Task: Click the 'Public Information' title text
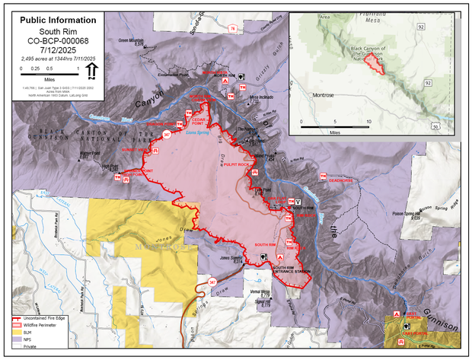coord(58,20)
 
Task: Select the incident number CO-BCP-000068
coord(58,41)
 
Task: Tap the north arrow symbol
coord(91,72)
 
